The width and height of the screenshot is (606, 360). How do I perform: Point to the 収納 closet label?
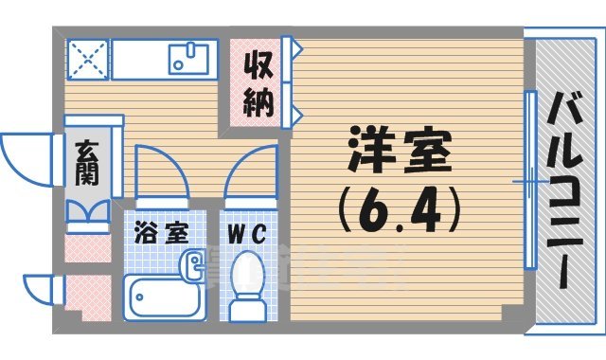tap(256, 84)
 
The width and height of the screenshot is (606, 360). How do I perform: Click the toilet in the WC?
tap(249, 280)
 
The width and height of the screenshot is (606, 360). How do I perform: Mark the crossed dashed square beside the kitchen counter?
tap(87, 58)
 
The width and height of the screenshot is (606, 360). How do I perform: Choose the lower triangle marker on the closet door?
tap(297, 115)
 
